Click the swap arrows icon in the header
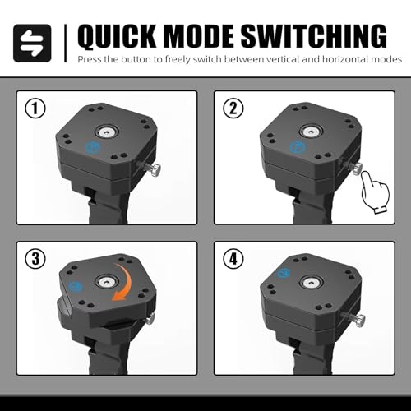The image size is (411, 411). (x=32, y=43)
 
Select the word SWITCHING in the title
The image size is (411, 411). (x=314, y=36)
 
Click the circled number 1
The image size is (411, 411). (x=35, y=109)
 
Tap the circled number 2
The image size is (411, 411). (x=233, y=109)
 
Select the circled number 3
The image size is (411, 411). (x=35, y=259)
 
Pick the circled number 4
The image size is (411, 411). (x=233, y=259)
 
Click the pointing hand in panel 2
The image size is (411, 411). (x=374, y=192)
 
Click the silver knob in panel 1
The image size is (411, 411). (x=156, y=170)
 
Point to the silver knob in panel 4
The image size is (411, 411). (x=361, y=321)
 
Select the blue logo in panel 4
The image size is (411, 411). (x=284, y=273)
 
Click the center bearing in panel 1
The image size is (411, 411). (x=107, y=132)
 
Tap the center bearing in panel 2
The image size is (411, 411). (x=311, y=131)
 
